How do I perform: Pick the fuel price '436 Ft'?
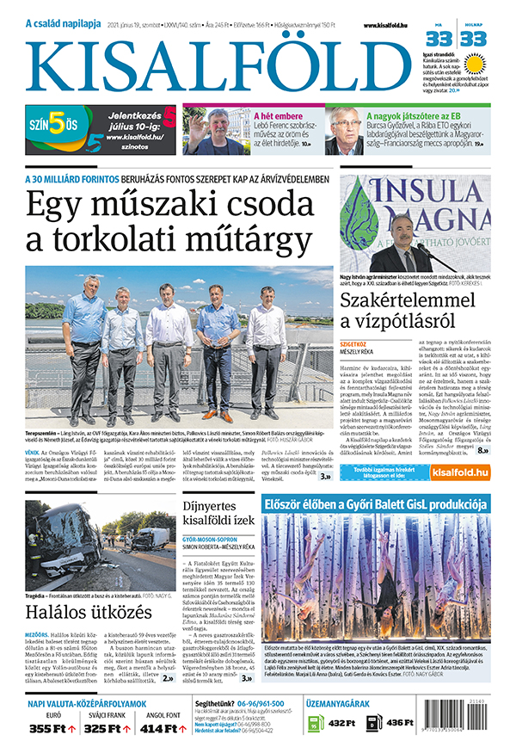click(x=401, y=723)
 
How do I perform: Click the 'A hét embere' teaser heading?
click(x=280, y=114)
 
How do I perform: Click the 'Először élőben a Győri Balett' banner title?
click(x=378, y=502)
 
